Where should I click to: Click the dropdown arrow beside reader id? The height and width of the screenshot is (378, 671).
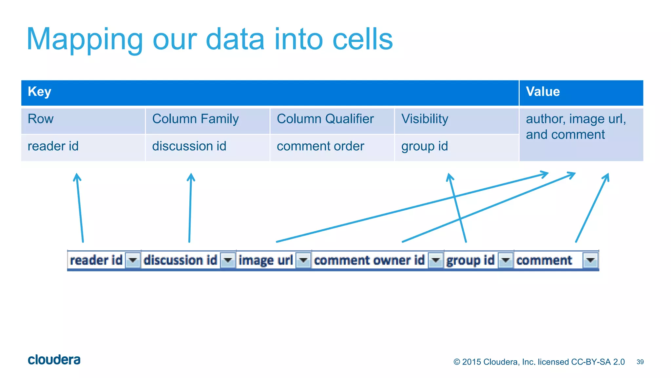click(133, 261)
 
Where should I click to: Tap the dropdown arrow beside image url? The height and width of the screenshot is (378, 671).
click(303, 261)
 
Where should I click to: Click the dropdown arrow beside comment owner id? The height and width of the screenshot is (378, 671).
click(436, 261)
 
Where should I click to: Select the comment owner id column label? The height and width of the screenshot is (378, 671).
click(369, 261)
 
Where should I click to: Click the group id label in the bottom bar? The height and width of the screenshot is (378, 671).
click(470, 261)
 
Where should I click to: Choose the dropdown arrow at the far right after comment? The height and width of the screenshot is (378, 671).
click(590, 261)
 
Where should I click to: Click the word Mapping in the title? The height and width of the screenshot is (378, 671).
click(85, 39)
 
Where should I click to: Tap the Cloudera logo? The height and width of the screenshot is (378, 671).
click(54, 360)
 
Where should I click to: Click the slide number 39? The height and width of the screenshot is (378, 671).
click(640, 362)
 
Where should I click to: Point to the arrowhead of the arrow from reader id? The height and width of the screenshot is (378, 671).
click(77, 176)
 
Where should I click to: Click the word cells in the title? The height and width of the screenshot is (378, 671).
click(362, 39)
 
